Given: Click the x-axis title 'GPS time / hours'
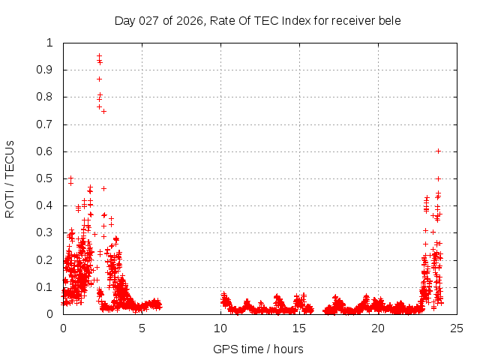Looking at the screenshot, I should tap(258, 349).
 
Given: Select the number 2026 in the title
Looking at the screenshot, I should tap(190, 20).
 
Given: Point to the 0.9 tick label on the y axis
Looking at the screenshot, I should tap(46, 70).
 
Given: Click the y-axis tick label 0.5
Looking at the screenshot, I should tap(46, 178).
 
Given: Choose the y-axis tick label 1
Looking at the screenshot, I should tap(50, 43).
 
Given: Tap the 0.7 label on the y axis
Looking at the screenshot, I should tap(46, 124).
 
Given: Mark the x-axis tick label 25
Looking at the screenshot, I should tap(457, 328).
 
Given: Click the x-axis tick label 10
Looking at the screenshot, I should tap(220, 328).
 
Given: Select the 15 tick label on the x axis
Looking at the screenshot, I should tap(299, 328).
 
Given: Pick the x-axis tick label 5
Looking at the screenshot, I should tap(142, 328).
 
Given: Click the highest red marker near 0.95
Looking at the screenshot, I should tap(99, 55).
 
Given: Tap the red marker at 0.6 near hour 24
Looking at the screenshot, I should tap(438, 151).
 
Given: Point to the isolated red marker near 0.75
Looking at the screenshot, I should tap(103, 111).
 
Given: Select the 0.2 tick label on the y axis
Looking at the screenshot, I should tap(46, 259).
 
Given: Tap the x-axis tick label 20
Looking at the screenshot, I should tap(378, 328).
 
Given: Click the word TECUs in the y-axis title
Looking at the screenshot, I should tap(10, 159).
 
